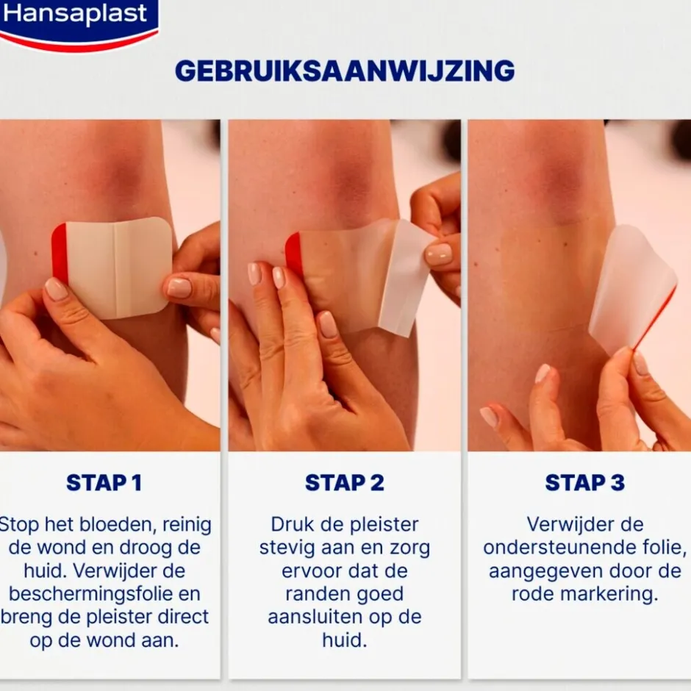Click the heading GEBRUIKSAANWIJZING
click(x=344, y=71)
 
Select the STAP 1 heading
click(x=104, y=483)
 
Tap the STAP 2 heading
click(x=344, y=483)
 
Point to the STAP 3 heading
click(x=584, y=483)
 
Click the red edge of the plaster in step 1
click(x=60, y=254)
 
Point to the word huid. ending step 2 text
click(x=344, y=640)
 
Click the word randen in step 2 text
click(x=321, y=594)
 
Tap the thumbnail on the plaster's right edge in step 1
click(x=179, y=287)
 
